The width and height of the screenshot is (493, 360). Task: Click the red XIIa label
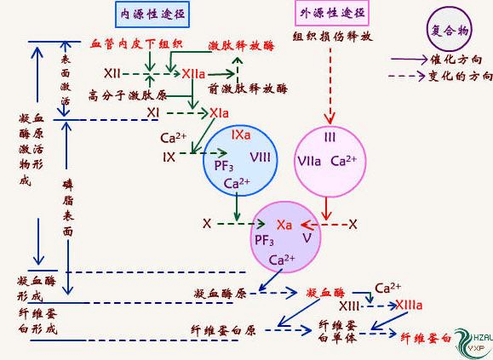pos(193,75)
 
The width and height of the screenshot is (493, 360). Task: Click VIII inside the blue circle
pos(261,157)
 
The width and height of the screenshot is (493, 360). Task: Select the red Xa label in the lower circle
pos(284,225)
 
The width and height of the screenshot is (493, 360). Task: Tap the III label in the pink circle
pos(330,136)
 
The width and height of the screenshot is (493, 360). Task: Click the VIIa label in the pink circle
pos(307,160)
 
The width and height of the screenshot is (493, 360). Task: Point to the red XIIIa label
pos(409,304)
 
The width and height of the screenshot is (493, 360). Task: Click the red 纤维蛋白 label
pos(425,338)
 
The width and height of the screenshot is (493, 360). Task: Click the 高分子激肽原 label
pos(117,94)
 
